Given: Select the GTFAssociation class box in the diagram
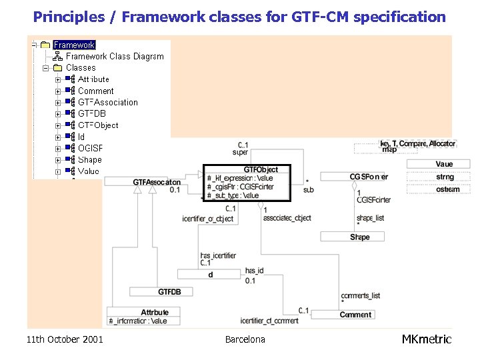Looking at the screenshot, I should [x=156, y=182].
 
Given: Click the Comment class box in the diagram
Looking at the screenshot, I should [x=355, y=315].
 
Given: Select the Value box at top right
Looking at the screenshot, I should [x=443, y=164].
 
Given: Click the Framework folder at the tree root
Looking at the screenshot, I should [x=74, y=45].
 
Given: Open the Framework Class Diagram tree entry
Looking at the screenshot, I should [x=114, y=56].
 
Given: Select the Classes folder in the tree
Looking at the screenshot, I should [x=80, y=67].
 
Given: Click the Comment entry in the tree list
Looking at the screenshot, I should [x=95, y=91].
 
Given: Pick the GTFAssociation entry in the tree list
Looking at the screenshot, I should [x=107, y=102].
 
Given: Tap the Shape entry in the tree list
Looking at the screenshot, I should [x=89, y=159].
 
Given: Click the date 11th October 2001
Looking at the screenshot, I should [x=65, y=339].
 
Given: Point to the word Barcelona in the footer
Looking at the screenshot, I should [x=245, y=339].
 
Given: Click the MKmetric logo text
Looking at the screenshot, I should [x=426, y=339].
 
